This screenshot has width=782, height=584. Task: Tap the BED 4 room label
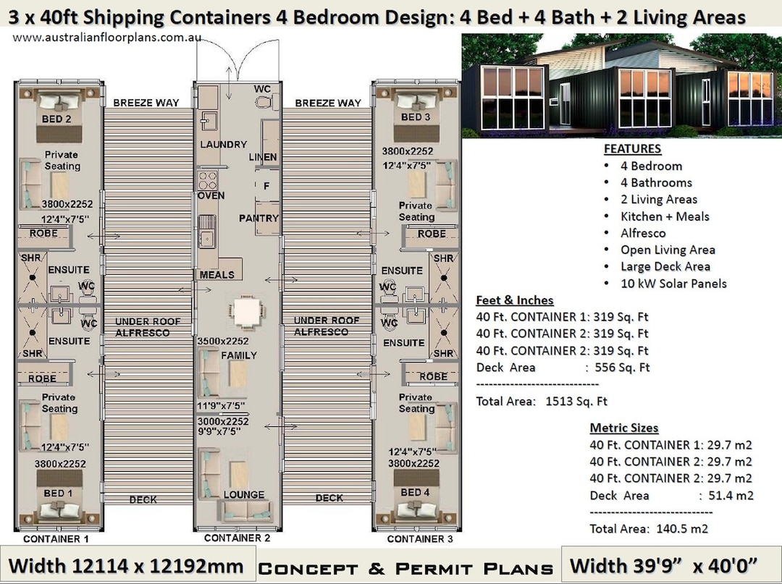(415, 492)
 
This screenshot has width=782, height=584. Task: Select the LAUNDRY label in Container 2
(223, 144)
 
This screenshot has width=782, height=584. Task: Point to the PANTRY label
(258, 218)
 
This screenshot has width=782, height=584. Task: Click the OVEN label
(211, 195)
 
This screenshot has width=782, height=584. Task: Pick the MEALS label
(217, 275)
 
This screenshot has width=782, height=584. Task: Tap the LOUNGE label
(244, 495)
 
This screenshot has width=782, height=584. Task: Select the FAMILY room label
(238, 355)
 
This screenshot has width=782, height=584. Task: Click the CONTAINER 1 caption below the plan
(56, 539)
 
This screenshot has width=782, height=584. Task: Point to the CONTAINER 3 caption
(420, 539)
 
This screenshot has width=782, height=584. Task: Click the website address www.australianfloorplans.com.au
(107, 37)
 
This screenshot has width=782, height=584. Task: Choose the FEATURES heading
(632, 149)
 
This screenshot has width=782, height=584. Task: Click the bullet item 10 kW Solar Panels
(673, 284)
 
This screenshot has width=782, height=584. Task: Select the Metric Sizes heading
(624, 428)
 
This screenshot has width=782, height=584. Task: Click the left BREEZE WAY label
(146, 103)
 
